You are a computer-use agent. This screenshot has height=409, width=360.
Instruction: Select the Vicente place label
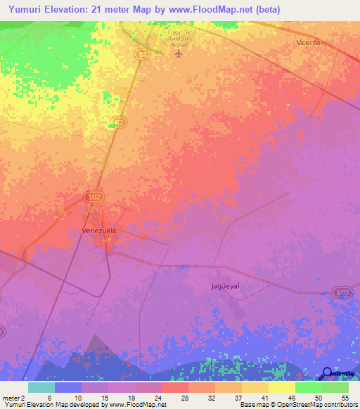307,42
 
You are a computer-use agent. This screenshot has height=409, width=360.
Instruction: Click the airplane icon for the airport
179,53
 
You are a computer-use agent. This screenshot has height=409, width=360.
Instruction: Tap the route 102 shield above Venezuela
93,197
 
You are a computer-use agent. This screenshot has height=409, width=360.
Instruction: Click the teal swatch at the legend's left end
41,387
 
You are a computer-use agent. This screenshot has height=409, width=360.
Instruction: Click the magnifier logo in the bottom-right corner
328,373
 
